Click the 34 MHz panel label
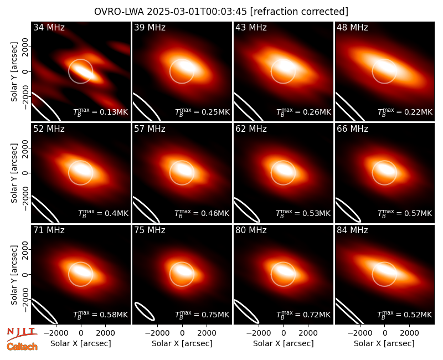tap(49, 27)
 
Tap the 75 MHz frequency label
tap(150, 230)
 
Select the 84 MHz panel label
tap(352, 230)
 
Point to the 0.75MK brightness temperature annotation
tap(202, 314)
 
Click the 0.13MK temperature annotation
tap(101, 112)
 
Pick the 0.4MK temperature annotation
tap(103, 213)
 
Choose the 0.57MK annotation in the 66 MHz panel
tap(405, 213)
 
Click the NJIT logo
tap(22, 333)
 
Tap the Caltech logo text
tap(22, 347)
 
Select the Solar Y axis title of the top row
tap(14, 72)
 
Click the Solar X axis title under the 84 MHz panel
tap(384, 343)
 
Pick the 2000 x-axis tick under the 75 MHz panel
tap(207, 333)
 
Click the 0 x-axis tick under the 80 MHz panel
tap(284, 333)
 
